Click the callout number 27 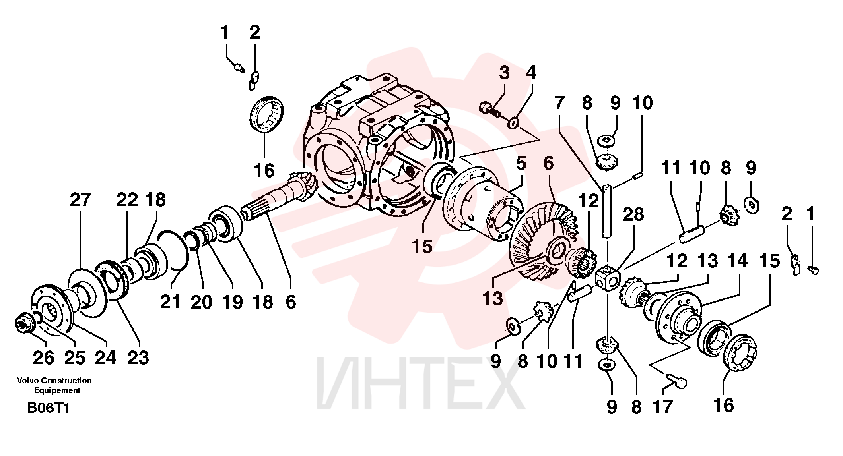pos(80,199)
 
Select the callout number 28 pos(633,214)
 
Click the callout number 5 pos(521,163)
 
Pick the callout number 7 pos(559,103)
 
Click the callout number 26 pos(44,357)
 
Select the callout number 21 pos(170,302)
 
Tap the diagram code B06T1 pos(48,408)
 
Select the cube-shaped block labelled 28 pos(608,278)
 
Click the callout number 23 pos(138,357)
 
